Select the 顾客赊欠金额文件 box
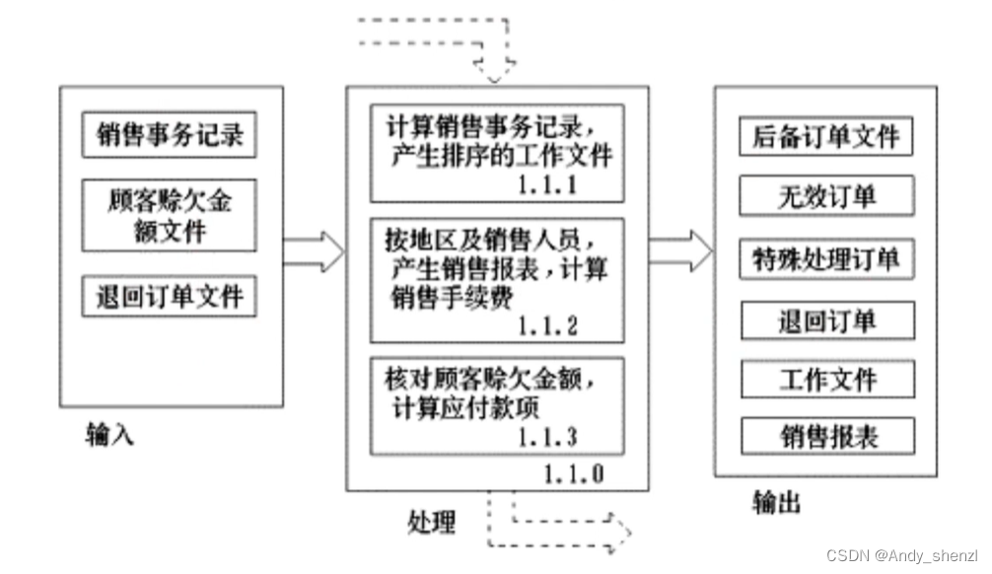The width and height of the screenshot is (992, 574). [169, 217]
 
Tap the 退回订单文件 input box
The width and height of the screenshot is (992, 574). [169, 296]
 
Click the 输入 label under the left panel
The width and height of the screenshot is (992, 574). [109, 435]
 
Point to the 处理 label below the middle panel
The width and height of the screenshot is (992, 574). [432, 519]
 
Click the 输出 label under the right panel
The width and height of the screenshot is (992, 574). [776, 503]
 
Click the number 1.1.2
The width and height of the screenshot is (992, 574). [548, 324]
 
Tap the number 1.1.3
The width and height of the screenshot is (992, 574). [548, 436]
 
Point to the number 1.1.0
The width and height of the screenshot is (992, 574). [573, 473]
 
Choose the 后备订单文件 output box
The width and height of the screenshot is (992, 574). [826, 137]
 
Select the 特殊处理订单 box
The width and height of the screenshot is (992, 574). [826, 259]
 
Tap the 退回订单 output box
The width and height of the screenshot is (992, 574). [826, 321]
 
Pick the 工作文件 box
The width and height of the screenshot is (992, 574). [826, 379]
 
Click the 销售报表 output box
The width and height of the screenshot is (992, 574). [826, 435]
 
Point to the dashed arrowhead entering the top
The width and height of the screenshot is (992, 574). [496, 69]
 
